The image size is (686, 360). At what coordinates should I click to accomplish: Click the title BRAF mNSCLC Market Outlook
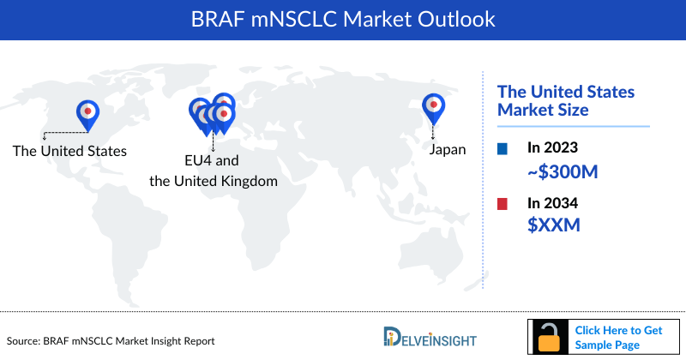[342, 17]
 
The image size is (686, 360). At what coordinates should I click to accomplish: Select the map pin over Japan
[434, 106]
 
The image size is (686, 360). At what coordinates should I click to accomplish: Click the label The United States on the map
[69, 151]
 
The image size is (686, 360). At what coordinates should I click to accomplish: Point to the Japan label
[447, 149]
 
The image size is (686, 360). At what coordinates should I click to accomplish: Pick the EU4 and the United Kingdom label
[214, 171]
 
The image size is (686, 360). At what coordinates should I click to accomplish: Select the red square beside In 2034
[502, 204]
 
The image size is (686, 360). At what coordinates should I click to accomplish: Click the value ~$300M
[562, 171]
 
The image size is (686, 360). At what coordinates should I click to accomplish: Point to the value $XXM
[553, 225]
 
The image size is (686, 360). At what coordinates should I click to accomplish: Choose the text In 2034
[552, 204]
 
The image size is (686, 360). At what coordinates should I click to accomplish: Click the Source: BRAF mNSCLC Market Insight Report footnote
[111, 341]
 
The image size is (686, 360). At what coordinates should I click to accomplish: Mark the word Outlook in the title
[454, 17]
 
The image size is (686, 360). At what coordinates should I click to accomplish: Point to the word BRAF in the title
[215, 17]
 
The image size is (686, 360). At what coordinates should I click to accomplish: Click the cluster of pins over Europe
[213, 114]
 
